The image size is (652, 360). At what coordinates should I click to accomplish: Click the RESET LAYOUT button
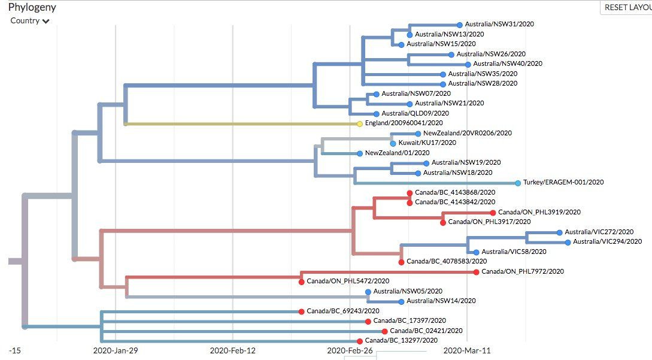pyautogui.click(x=626, y=7)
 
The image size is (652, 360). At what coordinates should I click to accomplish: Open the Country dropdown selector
pyautogui.click(x=29, y=21)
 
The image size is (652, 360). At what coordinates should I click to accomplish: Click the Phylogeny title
pyautogui.click(x=32, y=7)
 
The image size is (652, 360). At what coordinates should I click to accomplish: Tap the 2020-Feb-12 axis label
pyautogui.click(x=233, y=350)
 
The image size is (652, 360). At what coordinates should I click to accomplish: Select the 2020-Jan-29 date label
pyautogui.click(x=116, y=350)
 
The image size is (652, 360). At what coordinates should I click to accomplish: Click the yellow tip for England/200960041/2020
pyautogui.click(x=359, y=124)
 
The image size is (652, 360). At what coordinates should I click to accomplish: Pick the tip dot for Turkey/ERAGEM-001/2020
pyautogui.click(x=517, y=183)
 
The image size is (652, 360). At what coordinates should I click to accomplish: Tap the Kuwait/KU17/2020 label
pyautogui.click(x=427, y=143)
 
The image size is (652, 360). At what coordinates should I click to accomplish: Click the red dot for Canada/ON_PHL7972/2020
pyautogui.click(x=476, y=272)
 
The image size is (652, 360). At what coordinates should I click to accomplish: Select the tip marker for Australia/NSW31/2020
pyautogui.click(x=460, y=25)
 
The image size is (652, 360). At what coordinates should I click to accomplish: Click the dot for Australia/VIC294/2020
pyautogui.click(x=568, y=242)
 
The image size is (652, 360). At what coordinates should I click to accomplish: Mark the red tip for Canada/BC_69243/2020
pyautogui.click(x=301, y=311)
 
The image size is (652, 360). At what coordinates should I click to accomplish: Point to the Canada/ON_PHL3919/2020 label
pyautogui.click(x=539, y=212)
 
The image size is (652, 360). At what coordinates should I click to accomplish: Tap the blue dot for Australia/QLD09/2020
pyautogui.click(x=376, y=114)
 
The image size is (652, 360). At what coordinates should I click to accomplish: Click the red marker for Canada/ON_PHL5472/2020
pyautogui.click(x=301, y=282)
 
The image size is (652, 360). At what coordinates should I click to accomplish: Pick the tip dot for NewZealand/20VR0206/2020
pyautogui.click(x=418, y=134)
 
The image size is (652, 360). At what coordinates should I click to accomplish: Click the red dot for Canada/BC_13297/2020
pyautogui.click(x=359, y=341)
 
